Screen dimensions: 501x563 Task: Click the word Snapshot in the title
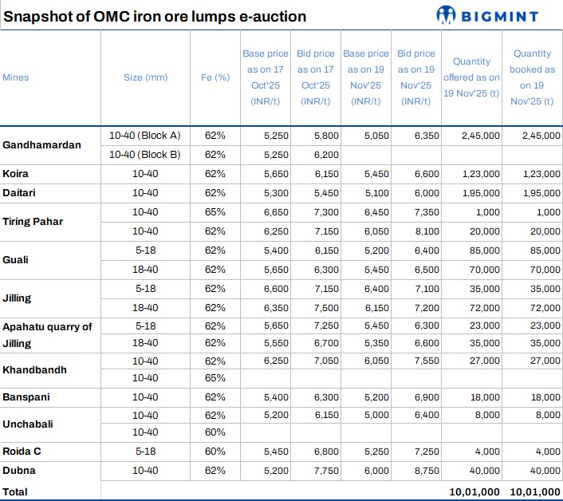coord(36,17)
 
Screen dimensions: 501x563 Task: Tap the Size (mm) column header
coord(145,77)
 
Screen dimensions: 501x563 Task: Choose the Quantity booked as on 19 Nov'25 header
coord(532,77)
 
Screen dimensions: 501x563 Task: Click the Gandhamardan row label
coord(41,145)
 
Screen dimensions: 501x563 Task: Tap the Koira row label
coord(16,174)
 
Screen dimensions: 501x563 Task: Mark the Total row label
coord(15,491)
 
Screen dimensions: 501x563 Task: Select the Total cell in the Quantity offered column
coord(474,491)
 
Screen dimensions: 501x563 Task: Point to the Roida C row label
coord(22,452)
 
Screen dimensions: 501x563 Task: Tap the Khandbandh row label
coord(34,370)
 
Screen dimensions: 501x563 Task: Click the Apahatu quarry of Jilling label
coord(47,334)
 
